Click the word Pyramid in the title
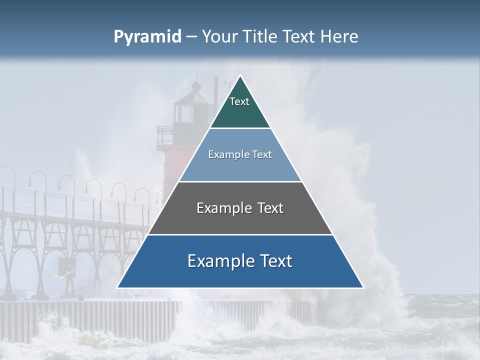tap(147, 37)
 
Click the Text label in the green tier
tap(239, 101)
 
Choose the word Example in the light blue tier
tap(228, 154)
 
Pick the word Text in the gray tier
tap(269, 208)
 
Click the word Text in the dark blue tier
tap(275, 261)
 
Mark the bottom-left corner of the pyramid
tap(118, 287)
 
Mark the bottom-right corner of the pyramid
tap(363, 287)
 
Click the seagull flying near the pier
tap(53, 276)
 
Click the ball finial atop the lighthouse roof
tap(196, 86)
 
